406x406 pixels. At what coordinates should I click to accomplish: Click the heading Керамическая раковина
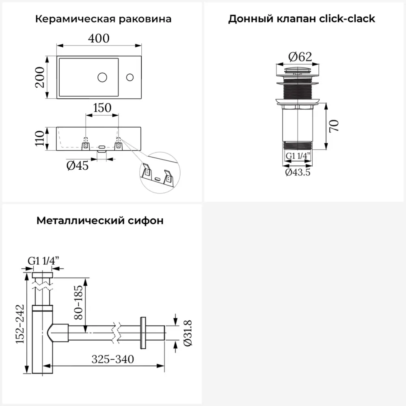tap(103, 19)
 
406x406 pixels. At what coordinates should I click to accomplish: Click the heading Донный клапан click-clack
tap(302, 19)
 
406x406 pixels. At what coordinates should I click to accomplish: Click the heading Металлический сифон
tap(100, 221)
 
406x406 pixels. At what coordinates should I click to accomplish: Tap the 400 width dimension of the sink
tap(99, 38)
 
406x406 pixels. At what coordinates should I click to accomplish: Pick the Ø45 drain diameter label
tap(77, 166)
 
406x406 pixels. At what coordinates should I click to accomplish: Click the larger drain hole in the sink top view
tap(102, 76)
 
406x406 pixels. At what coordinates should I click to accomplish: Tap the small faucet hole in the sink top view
tap(130, 76)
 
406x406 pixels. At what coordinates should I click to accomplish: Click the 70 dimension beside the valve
tap(334, 126)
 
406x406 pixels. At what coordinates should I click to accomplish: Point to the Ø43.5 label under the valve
tap(298, 172)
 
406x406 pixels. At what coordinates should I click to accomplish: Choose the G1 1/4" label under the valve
tap(298, 156)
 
